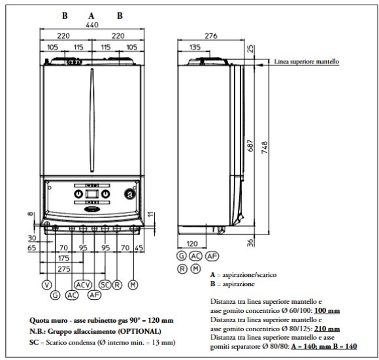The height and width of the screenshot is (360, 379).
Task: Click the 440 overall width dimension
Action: click(92, 25)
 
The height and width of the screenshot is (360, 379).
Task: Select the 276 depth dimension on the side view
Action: click(211, 36)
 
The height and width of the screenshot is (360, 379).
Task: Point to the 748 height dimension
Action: click(265, 147)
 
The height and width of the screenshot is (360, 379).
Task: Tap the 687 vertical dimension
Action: click(251, 145)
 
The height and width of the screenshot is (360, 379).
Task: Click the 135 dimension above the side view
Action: click(195, 47)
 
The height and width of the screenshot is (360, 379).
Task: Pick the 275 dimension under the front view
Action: click(64, 269)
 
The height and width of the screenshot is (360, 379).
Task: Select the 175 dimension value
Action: click(64, 258)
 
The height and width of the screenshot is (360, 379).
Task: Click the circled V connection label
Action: click(47, 285)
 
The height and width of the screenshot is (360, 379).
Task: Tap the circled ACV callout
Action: click(83, 285)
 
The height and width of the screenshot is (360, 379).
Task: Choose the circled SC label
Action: click(105, 285)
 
